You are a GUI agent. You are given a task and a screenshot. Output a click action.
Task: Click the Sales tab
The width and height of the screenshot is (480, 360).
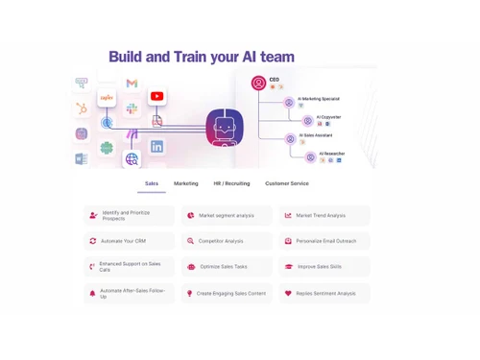pyautogui.click(x=152, y=183)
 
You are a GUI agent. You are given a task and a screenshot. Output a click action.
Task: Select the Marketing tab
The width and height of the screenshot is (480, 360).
pyautogui.click(x=186, y=183)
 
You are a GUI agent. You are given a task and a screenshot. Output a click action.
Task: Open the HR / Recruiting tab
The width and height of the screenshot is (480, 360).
pyautogui.click(x=231, y=183)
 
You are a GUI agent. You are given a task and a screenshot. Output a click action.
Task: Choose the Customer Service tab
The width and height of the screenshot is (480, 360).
pyautogui.click(x=287, y=183)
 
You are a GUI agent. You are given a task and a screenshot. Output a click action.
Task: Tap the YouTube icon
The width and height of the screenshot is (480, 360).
pyautogui.click(x=156, y=96)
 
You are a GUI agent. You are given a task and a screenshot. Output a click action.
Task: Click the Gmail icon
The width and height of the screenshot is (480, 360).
pyautogui.click(x=132, y=84)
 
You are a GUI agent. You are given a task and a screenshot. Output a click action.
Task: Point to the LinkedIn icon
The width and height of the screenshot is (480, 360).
pyautogui.click(x=156, y=147)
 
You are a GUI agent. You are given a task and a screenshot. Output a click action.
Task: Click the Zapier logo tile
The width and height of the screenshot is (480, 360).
pyautogui.click(x=107, y=97)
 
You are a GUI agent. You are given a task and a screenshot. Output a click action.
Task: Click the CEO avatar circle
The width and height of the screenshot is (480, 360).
pyautogui.click(x=258, y=84)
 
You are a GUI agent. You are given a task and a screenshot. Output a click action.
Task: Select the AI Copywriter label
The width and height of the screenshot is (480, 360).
pyautogui.click(x=329, y=117)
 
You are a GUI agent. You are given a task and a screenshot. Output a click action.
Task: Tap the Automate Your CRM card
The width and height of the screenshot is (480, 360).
pyautogui.click(x=129, y=241)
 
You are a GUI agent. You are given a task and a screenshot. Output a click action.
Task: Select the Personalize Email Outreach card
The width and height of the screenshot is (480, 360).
pyautogui.click(x=324, y=241)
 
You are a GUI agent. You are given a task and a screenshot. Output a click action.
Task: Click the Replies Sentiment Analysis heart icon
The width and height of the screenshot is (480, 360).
pyautogui.click(x=288, y=294)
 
